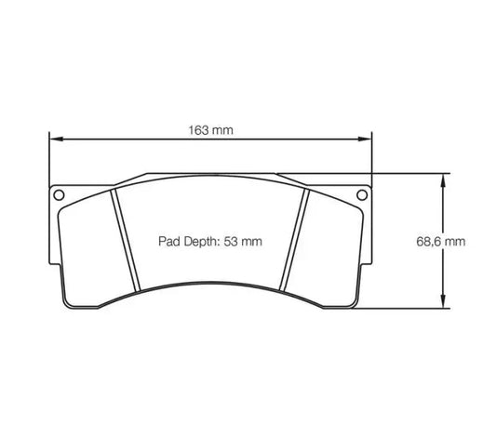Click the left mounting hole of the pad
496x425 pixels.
60,195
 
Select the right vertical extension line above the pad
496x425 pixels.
371,158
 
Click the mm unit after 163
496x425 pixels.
223,130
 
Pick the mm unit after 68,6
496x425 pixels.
454,241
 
